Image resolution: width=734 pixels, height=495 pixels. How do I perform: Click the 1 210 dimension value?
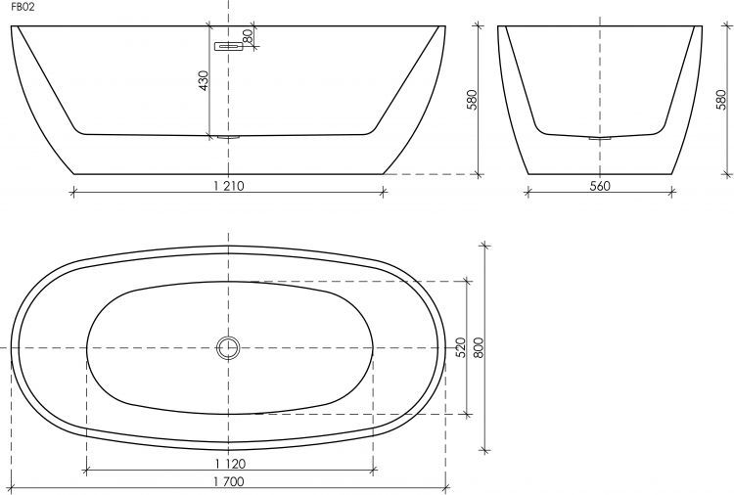coord(228,186)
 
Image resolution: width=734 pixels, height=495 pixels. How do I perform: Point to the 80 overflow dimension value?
coord(248,35)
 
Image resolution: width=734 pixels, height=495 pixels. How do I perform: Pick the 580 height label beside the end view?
coord(721,101)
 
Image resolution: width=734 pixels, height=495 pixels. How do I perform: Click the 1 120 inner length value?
coord(228,463)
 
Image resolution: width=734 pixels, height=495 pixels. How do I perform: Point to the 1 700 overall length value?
coord(228,480)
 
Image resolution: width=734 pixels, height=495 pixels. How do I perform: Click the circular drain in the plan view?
coord(228,346)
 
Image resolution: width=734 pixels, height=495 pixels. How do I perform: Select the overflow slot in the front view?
coord(229,45)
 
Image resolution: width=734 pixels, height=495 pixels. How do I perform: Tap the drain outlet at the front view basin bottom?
coord(228,136)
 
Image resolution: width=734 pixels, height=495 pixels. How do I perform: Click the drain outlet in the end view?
coord(600,138)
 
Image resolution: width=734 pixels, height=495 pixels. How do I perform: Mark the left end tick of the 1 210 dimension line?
coord(73,192)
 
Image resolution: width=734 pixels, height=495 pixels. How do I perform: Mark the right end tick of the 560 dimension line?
coord(674,192)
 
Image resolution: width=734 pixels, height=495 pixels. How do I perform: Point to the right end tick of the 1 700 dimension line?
coord(446,486)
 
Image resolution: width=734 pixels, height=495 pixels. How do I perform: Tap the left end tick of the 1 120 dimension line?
coord(87,469)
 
